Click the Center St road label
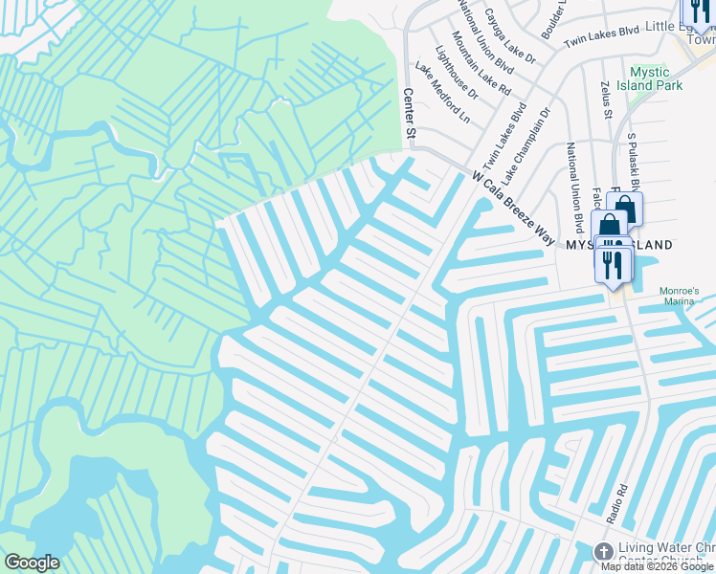410,113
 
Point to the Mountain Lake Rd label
481,64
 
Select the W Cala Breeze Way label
513,207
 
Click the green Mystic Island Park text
656,77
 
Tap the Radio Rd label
621,502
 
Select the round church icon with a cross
603,552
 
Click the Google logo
32,563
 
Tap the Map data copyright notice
658,566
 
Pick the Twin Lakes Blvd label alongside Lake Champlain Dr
505,134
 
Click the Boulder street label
553,19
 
